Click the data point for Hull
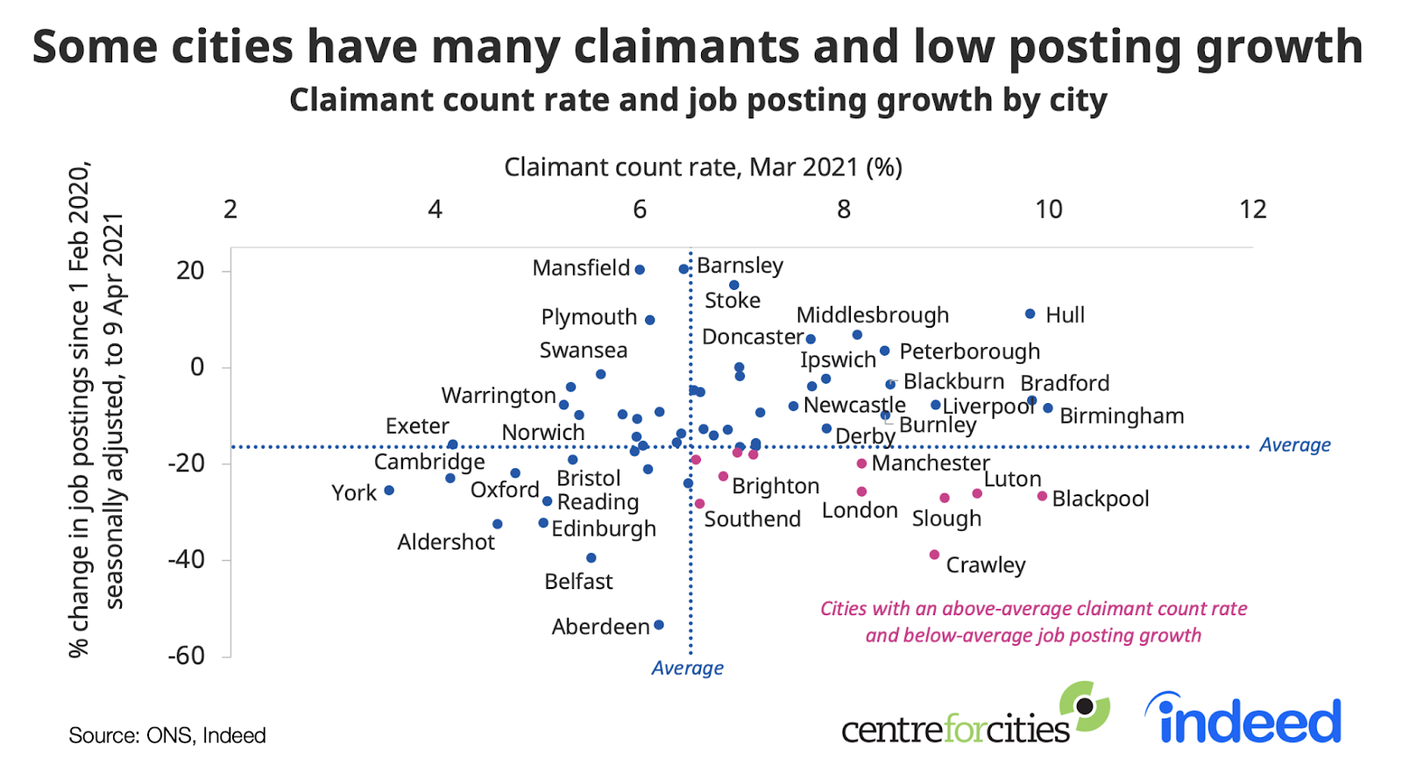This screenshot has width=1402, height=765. click(1030, 314)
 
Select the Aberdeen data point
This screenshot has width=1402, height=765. click(659, 625)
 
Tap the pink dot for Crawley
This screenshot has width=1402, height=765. click(934, 555)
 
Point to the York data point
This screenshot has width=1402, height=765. click(389, 490)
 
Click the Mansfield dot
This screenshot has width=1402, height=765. click(640, 270)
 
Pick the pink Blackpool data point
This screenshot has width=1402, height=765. click(1042, 496)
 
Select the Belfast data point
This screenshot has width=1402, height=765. click(591, 558)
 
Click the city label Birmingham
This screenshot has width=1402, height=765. click(1121, 416)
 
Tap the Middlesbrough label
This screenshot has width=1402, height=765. click(872, 315)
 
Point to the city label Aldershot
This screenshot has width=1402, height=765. click(446, 542)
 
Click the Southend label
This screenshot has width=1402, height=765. click(752, 520)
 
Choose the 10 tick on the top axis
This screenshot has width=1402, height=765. click(1048, 209)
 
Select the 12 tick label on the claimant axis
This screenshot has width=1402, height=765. click(1252, 209)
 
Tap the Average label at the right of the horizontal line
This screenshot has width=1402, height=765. click(1294, 445)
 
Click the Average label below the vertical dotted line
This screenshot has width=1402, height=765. click(687, 668)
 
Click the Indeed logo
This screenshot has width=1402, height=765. click(1243, 719)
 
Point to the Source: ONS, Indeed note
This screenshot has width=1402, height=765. click(167, 735)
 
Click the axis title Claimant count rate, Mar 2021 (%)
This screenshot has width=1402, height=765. click(703, 167)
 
